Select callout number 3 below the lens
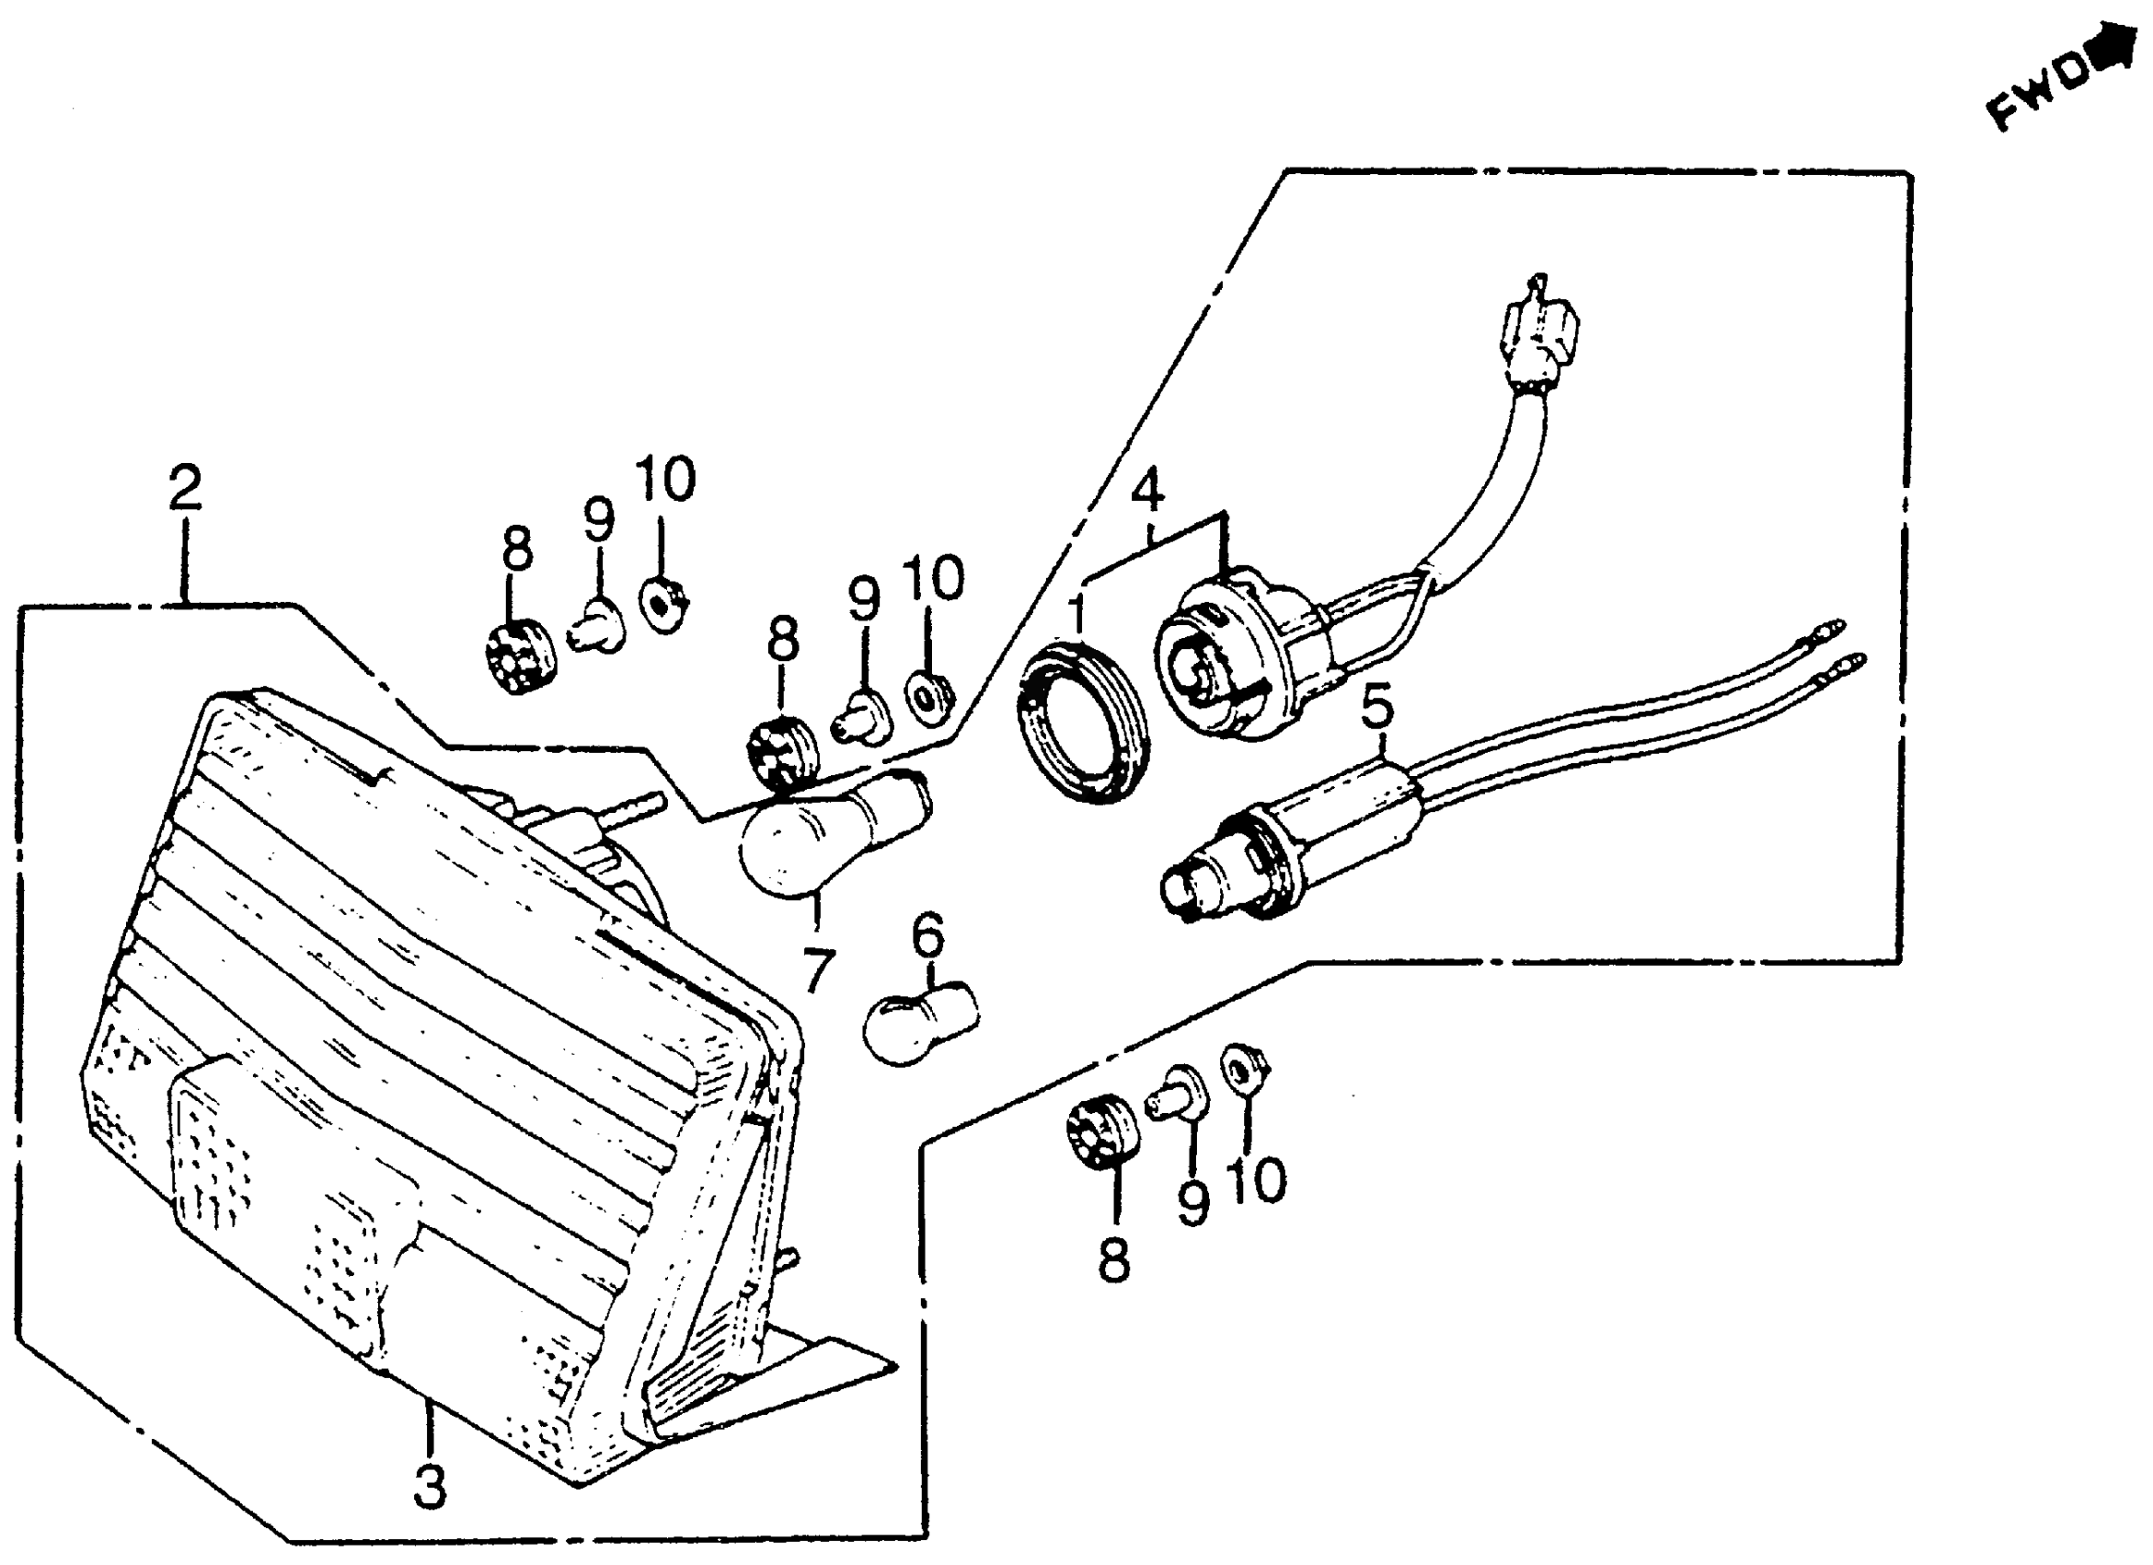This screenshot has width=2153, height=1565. click(x=429, y=1486)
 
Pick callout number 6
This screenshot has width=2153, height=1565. click(x=927, y=935)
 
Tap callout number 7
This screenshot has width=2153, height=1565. click(x=816, y=968)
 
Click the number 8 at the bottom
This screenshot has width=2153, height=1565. click(x=1112, y=1260)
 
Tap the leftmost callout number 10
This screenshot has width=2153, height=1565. click(x=664, y=479)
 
